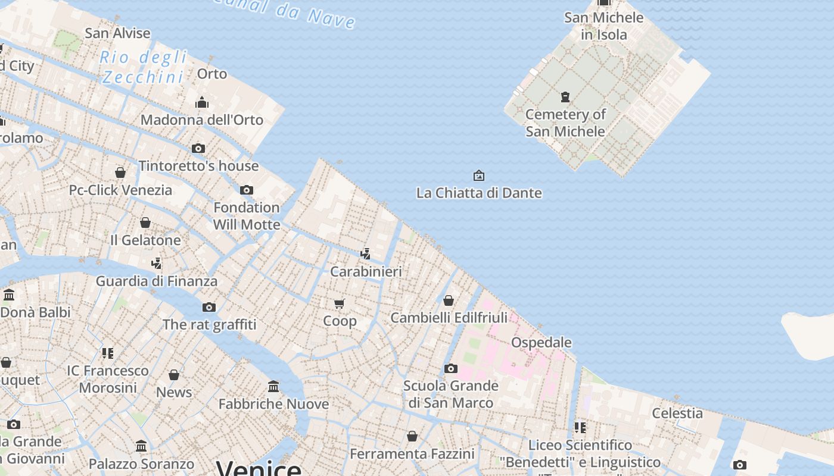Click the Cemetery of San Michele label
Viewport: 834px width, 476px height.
coord(565,123)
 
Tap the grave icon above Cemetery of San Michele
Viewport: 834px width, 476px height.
coord(565,96)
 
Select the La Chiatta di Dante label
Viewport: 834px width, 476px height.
coord(479,193)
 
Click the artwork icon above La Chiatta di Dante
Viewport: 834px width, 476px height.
coord(478,176)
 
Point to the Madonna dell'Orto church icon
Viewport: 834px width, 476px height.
coord(202,102)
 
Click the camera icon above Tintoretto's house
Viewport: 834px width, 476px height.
coord(198,148)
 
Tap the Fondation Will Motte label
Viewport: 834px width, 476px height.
coord(247,216)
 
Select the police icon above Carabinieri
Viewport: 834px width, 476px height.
coord(366,253)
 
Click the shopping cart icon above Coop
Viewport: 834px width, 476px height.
coord(340,304)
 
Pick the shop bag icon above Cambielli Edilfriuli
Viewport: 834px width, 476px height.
coord(449,300)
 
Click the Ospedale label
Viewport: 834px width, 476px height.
coord(542,342)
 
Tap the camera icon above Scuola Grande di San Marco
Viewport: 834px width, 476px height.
coord(451,368)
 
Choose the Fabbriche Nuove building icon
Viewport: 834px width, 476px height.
coord(273,387)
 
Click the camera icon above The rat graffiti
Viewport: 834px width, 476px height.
coord(209,307)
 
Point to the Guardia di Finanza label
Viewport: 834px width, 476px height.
coord(157,281)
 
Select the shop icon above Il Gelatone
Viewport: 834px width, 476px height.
coord(145,223)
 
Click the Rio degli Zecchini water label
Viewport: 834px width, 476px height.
coord(144,67)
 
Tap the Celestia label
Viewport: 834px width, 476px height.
coord(677,413)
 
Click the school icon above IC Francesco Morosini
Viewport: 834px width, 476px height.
coord(107,353)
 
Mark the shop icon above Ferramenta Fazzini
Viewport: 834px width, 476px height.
coord(412,436)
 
